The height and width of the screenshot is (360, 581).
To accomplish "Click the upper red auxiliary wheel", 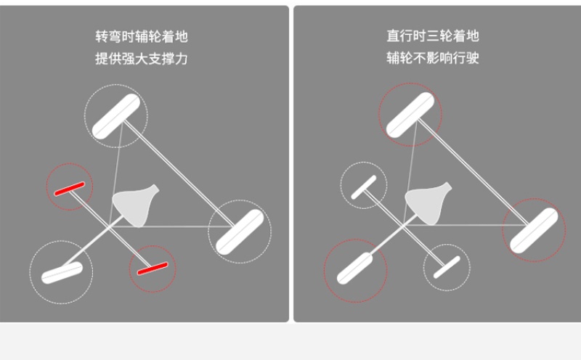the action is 69,189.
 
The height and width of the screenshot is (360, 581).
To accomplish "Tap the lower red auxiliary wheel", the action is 153,269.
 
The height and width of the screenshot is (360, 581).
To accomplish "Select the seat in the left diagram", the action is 136,205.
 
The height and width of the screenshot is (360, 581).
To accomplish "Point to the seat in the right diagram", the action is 428,204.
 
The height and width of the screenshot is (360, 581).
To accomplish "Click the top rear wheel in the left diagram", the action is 116,116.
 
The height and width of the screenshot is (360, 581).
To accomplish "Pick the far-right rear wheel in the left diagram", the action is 240,232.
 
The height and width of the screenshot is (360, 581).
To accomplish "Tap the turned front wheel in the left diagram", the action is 62,273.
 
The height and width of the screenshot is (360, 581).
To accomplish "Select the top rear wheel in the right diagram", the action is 410,115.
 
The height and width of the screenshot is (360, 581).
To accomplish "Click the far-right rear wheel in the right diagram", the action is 534,230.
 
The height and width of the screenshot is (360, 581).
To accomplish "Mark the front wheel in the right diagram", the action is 355,269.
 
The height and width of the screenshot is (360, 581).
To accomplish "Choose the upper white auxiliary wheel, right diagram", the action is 364,187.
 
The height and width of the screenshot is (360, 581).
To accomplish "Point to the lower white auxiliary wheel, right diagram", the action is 447,267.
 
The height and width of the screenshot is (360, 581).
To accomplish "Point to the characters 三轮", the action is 439,36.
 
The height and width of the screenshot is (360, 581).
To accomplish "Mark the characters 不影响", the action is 433,58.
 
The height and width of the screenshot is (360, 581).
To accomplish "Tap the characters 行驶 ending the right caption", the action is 466,58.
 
